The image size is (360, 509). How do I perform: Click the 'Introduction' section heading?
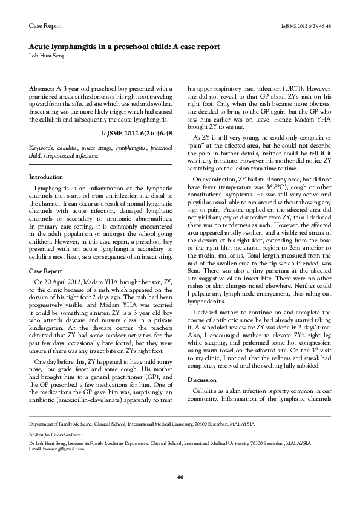46,177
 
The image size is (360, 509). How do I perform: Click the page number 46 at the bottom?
180,478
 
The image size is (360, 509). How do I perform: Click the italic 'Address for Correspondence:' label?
55,435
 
